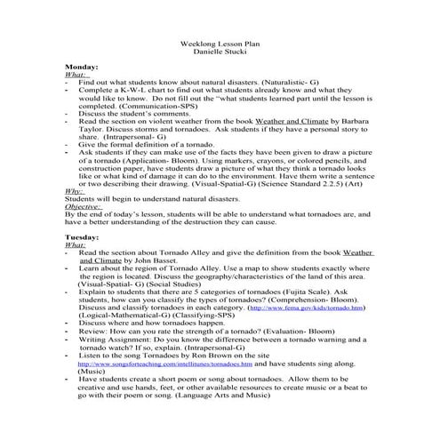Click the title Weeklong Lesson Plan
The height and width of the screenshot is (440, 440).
pos(220,42)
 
